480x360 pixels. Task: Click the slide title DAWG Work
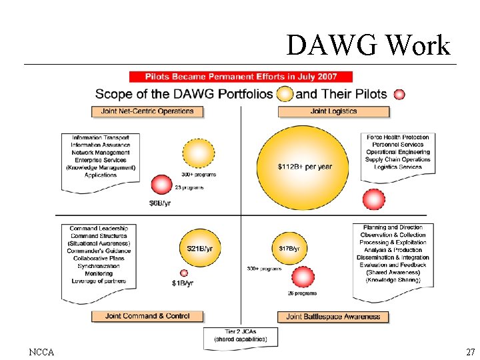pyautogui.click(x=368, y=45)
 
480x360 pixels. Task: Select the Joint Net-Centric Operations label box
pyautogui.click(x=147, y=111)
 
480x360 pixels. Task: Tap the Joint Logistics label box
pyautogui.click(x=333, y=111)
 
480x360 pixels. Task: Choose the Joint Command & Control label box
pyautogui.click(x=147, y=316)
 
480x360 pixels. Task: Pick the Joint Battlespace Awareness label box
pyautogui.click(x=333, y=317)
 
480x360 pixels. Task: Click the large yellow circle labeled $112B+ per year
pyautogui.click(x=303, y=167)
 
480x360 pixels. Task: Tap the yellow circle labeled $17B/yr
pyautogui.click(x=289, y=249)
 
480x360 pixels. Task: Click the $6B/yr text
pyautogui.click(x=160, y=203)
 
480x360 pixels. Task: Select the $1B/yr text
pyautogui.click(x=182, y=283)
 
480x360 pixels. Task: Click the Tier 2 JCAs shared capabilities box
pyautogui.click(x=240, y=335)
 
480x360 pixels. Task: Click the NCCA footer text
pyautogui.click(x=41, y=351)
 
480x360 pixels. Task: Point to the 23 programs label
pyautogui.click(x=189, y=188)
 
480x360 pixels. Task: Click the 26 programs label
pyautogui.click(x=302, y=293)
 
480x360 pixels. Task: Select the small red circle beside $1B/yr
pyautogui.click(x=184, y=273)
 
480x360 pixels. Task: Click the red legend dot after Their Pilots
pyautogui.click(x=399, y=95)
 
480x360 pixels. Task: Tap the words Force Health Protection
pyautogui.click(x=398, y=137)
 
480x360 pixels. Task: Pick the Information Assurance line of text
pyautogui.click(x=101, y=145)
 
